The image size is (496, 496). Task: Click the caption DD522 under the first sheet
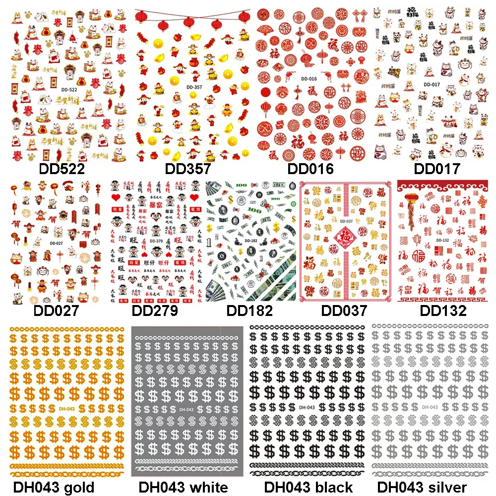tap(62, 169)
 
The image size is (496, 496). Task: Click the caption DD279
tap(154, 311)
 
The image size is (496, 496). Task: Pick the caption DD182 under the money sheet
tap(249, 311)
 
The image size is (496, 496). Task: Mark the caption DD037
tap(344, 311)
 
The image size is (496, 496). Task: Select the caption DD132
tap(443, 311)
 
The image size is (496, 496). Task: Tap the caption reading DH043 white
tap(184, 487)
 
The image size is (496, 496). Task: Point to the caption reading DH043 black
tap(308, 487)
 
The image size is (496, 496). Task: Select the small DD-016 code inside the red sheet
tap(309, 79)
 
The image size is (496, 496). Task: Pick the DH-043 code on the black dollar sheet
tap(308, 407)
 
